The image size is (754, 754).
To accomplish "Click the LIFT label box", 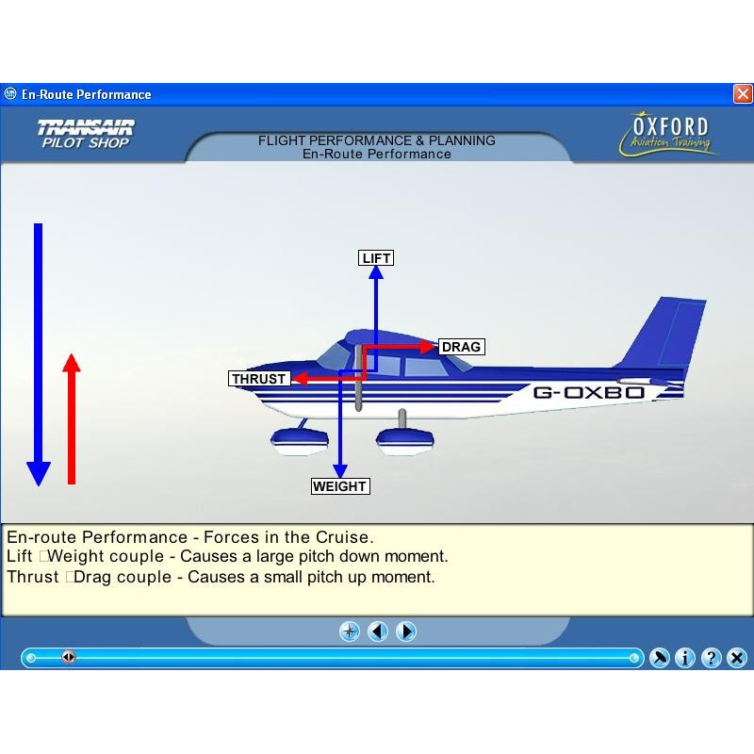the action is [x=376, y=257].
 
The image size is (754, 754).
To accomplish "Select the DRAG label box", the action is [x=462, y=347].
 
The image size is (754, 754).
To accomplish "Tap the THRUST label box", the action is [x=259, y=379].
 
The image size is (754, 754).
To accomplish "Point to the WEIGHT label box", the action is [x=340, y=486].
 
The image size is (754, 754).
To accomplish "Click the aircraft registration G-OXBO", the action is [x=588, y=392].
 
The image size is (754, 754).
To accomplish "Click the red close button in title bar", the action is [x=743, y=93].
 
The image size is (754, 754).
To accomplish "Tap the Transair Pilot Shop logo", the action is [x=86, y=134].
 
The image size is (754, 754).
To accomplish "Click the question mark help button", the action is [x=712, y=657].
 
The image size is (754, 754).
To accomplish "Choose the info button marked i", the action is [x=685, y=657].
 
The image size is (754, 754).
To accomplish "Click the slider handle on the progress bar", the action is [x=69, y=656].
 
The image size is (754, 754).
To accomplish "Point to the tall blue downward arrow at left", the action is [x=39, y=354].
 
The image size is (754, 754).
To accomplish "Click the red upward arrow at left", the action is [x=72, y=418].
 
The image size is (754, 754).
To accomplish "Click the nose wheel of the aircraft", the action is [x=300, y=441].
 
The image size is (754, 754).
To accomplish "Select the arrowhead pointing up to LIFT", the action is [x=376, y=272].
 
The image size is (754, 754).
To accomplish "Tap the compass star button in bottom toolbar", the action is [x=350, y=631].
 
